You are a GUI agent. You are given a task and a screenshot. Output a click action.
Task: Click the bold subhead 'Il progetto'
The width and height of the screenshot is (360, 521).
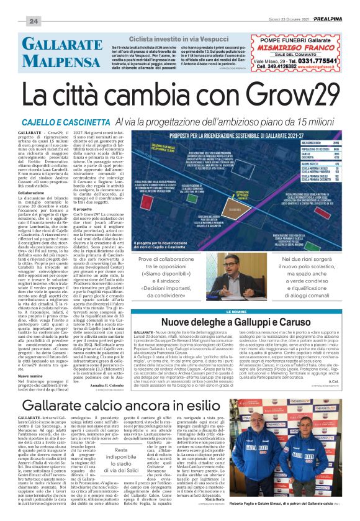click(84, 210)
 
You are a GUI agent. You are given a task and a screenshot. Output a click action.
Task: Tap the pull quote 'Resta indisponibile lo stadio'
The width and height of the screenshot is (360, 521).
click(120, 458)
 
